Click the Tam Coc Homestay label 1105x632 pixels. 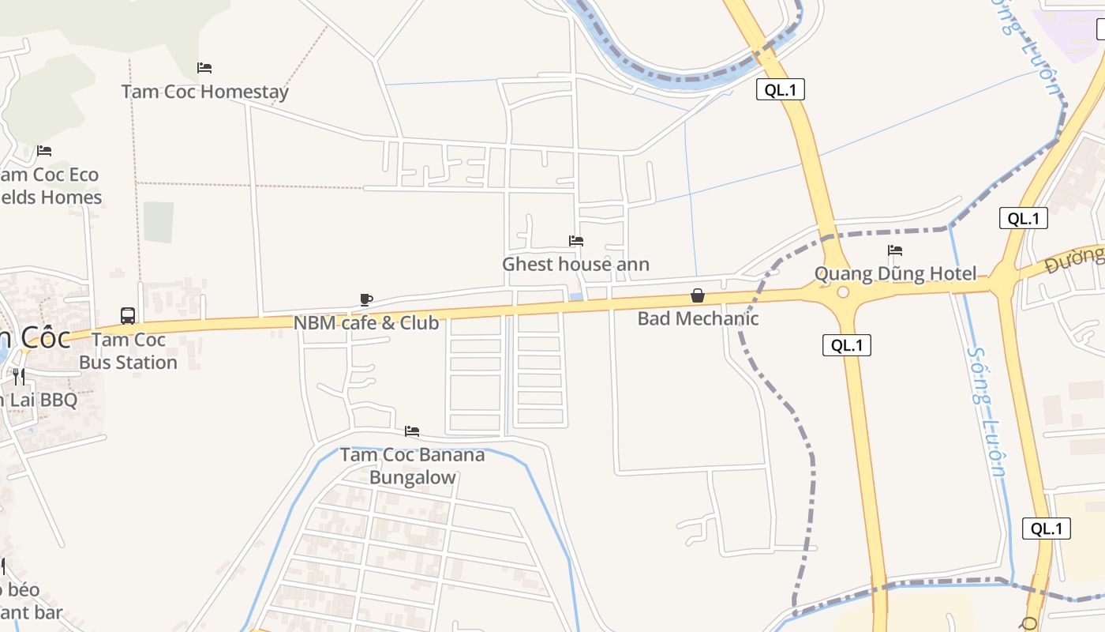point(205,92)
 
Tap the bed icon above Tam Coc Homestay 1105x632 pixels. point(204,68)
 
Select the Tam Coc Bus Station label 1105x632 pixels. point(128,351)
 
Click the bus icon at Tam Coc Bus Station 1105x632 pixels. point(128,316)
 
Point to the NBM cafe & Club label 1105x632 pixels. point(366,323)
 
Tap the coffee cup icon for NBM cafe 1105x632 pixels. point(366,299)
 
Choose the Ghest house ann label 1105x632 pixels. point(576,265)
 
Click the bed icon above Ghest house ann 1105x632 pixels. point(576,241)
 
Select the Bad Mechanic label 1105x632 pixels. point(698,319)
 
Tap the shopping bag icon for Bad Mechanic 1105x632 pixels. point(698,296)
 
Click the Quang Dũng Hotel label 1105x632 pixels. point(895,274)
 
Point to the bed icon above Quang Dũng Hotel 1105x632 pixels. point(895,250)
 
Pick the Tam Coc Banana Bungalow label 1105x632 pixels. point(412,466)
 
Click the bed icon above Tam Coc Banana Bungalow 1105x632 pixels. point(412,431)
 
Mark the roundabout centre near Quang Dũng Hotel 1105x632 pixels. point(843,292)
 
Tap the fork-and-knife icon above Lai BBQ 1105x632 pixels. point(19,377)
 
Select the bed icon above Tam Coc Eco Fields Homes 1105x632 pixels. point(44,151)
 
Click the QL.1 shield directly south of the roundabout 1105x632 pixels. point(846,345)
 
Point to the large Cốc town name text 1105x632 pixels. point(39,338)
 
